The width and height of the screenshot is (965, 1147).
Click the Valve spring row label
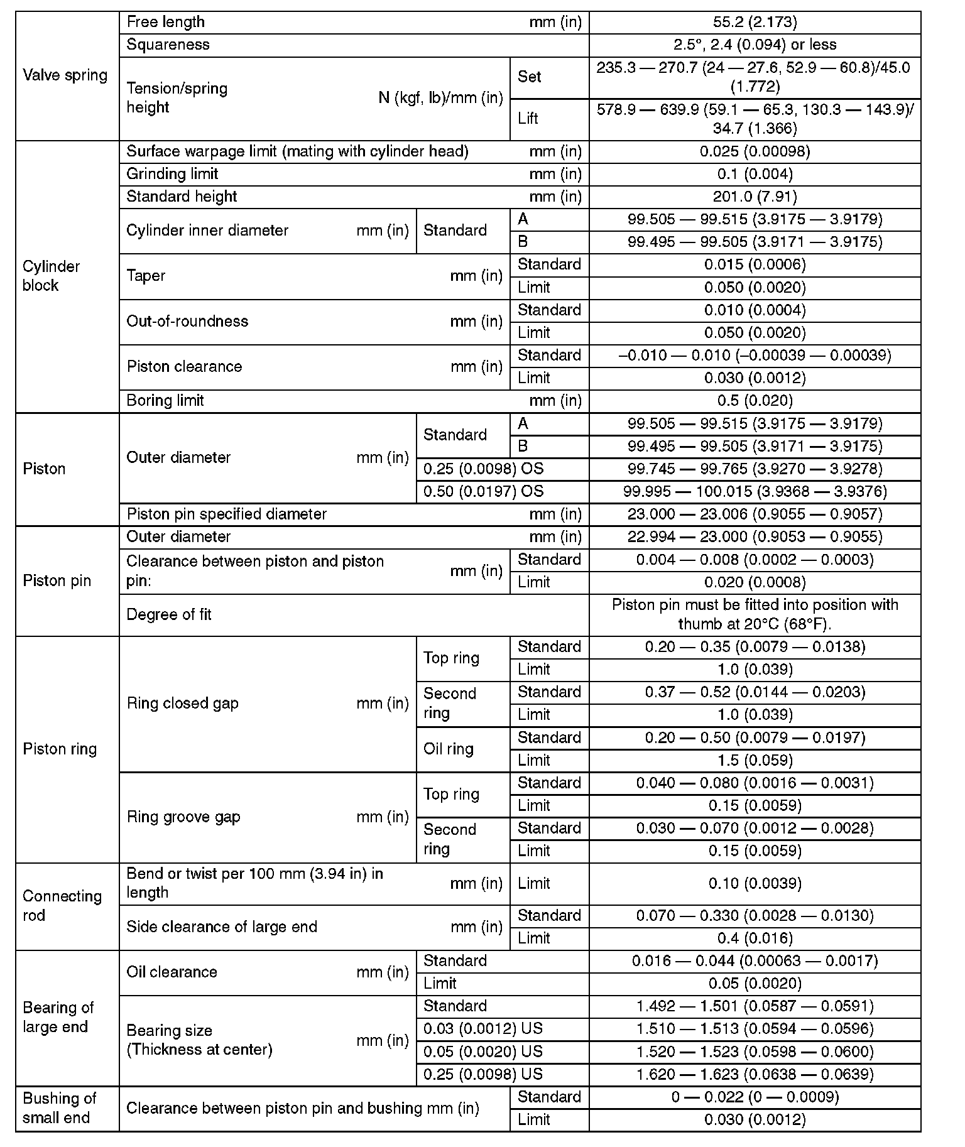click(65, 75)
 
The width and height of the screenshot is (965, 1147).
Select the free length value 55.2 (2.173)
click(755, 23)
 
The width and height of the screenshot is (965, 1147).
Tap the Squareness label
click(168, 45)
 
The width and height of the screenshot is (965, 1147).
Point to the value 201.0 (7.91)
click(755, 197)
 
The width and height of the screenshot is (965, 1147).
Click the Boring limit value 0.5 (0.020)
click(755, 401)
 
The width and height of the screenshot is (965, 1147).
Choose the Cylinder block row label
click(51, 276)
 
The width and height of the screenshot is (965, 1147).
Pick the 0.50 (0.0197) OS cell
click(483, 491)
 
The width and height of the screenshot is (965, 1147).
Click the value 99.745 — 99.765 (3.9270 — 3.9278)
click(755, 469)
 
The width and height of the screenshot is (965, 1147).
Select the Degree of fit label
click(169, 614)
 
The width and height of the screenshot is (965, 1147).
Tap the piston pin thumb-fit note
click(755, 614)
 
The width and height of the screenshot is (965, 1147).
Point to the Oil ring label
click(448, 749)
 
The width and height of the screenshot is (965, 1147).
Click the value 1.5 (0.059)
click(755, 760)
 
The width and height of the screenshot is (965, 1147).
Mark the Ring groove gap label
click(183, 817)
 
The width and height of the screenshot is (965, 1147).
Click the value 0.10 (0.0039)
click(755, 883)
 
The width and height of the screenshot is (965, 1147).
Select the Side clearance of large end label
click(222, 927)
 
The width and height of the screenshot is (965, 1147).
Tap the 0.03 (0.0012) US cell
click(482, 1028)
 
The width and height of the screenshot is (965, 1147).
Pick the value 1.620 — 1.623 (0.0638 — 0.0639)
click(755, 1074)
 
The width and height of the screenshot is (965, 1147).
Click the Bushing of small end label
click(59, 1108)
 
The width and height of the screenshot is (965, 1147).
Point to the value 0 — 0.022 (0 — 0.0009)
click(755, 1097)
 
